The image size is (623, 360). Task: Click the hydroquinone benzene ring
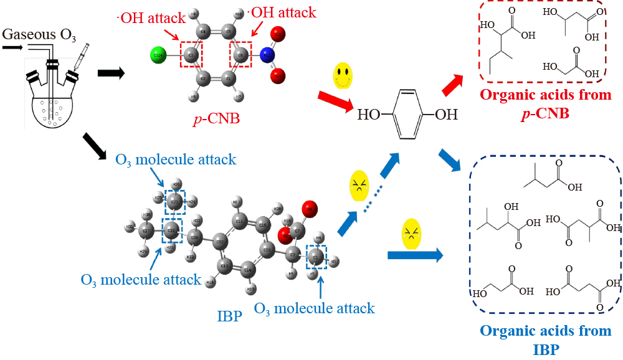[407, 115]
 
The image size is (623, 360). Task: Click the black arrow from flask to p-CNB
[112, 73]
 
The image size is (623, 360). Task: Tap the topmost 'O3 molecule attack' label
[176, 159]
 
